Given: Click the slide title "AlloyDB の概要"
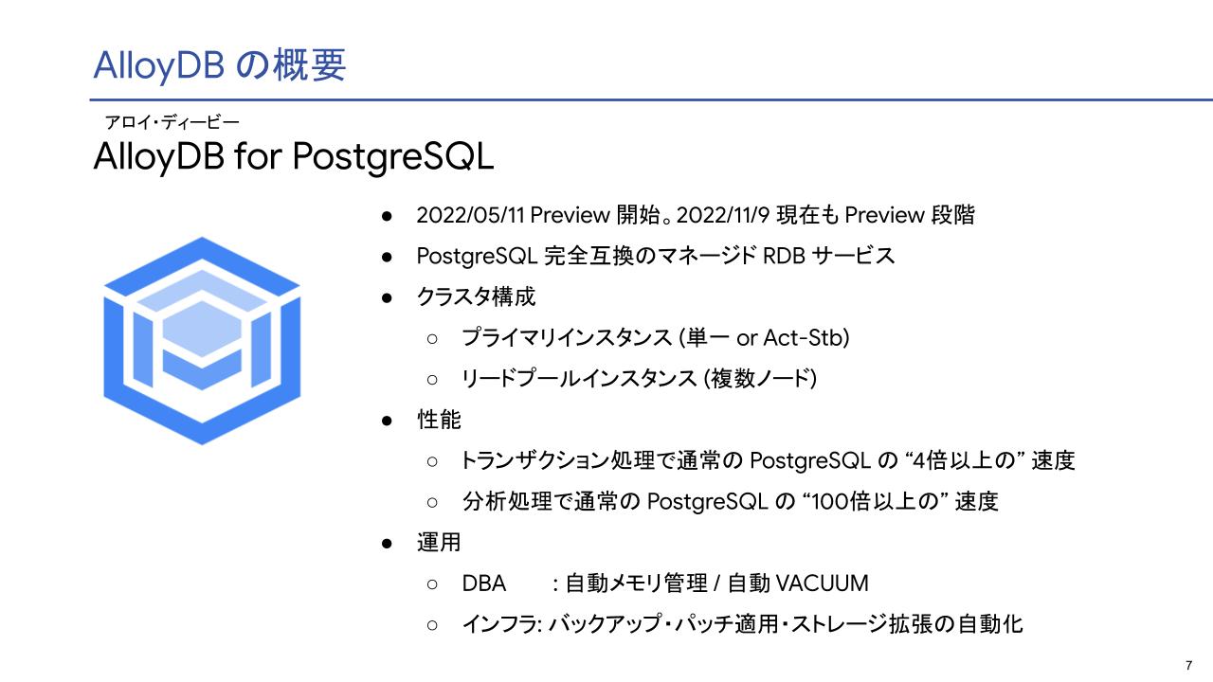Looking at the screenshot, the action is tap(219, 65).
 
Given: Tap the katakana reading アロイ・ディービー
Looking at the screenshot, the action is tap(172, 123).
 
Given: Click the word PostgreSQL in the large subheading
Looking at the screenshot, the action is tap(393, 157).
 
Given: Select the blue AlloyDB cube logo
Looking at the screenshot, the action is tap(202, 340).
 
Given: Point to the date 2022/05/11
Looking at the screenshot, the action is tap(470, 215).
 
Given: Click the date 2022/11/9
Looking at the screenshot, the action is tap(723, 215).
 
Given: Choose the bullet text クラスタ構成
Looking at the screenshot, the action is tap(476, 297).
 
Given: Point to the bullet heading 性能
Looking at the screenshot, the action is tap(439, 420).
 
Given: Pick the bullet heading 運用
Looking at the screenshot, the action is tap(439, 543).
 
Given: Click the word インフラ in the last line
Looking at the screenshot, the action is tap(499, 624).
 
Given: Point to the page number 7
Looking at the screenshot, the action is tap(1188, 665).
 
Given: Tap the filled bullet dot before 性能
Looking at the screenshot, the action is tap(387, 421).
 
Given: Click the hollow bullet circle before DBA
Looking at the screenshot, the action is tap(432, 584).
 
